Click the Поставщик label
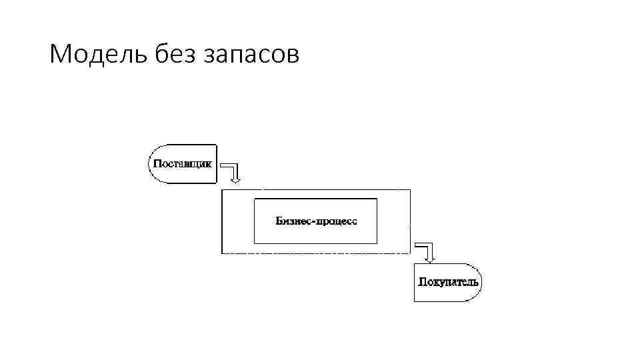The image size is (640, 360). (x=183, y=163)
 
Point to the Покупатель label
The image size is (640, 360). (x=448, y=281)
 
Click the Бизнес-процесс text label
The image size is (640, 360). (x=316, y=221)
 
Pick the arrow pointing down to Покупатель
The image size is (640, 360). (x=427, y=251)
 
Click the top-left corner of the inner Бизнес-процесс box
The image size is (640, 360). (x=255, y=199)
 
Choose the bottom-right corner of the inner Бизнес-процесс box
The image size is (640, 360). (x=377, y=243)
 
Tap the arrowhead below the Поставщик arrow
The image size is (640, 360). (x=234, y=179)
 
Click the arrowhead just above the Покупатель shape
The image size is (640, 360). (x=430, y=259)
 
